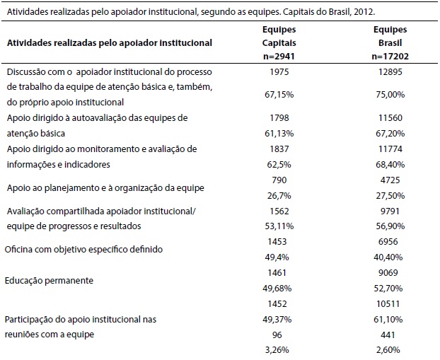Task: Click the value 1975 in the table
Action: [x=282, y=72]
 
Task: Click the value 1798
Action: [x=282, y=117]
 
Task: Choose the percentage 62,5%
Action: [x=282, y=164]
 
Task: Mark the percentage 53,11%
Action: [x=282, y=226]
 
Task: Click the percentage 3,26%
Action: [x=282, y=350]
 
